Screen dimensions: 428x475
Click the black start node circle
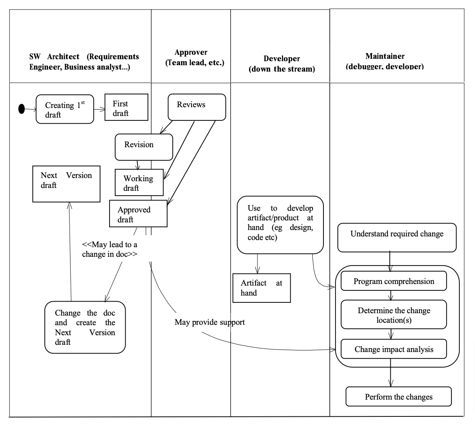(x=22, y=108)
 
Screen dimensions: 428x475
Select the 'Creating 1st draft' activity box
(x=65, y=109)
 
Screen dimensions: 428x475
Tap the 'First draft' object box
(x=126, y=107)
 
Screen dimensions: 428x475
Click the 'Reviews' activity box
(x=197, y=107)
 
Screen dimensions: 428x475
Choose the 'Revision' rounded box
(x=144, y=147)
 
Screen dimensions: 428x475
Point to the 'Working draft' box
(x=139, y=182)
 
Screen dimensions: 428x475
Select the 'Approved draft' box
(x=138, y=214)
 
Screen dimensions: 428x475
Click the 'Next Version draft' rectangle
(x=66, y=184)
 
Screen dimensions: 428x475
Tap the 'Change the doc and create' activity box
(x=85, y=327)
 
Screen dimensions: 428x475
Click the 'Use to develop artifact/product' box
(x=280, y=224)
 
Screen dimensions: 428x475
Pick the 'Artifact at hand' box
(x=261, y=288)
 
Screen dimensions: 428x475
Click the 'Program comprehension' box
(x=393, y=281)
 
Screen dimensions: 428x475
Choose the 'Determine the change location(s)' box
(x=393, y=314)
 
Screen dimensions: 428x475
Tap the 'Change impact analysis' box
(x=393, y=349)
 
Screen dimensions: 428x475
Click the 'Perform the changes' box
(x=398, y=396)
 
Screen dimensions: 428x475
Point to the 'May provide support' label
(x=210, y=322)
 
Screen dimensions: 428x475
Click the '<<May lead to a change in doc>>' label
(x=110, y=249)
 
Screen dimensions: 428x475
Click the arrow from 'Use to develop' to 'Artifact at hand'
(x=257, y=264)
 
